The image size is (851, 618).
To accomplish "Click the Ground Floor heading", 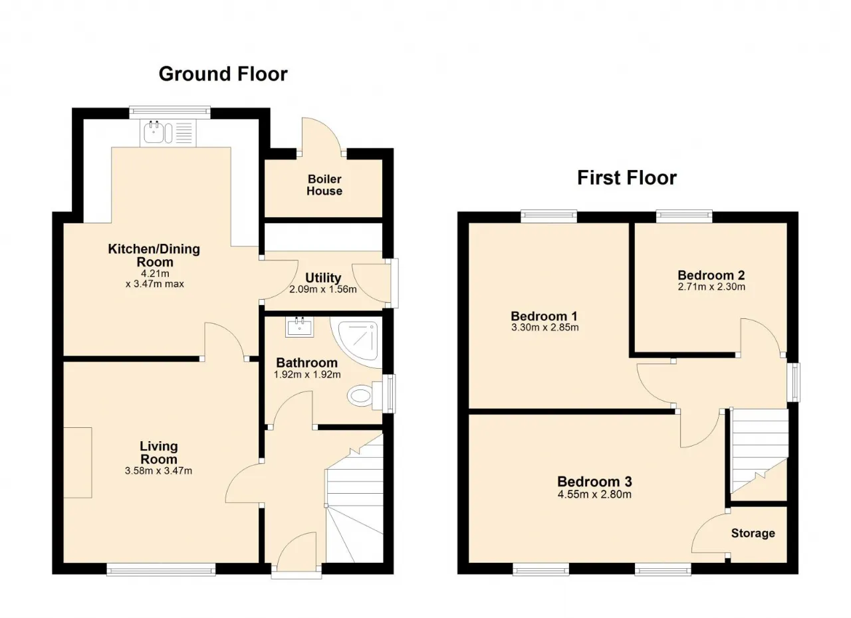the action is pos(223,74).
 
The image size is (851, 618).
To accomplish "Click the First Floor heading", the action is pos(627,178).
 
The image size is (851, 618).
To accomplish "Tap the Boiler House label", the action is pos(324,185).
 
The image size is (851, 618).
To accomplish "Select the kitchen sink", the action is pos(168,133).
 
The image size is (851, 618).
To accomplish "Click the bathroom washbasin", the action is pos(300,326).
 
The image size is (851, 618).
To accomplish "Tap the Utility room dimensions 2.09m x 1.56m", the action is pos(323,289).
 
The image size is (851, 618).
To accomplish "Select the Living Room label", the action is pos(159,453).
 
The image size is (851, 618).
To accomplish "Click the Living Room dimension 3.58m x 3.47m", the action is pos(158,470).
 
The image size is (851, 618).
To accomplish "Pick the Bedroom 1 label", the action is pos(544,316).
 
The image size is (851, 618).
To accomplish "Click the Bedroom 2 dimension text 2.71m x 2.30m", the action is pos(711,286).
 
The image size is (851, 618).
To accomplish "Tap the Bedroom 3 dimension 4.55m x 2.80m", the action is pos(594,494).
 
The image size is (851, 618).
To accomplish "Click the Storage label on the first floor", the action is pos(753,534).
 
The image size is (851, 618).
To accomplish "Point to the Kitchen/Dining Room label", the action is pos(154,255).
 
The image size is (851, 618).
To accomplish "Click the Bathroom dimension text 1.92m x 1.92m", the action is pos(307,375).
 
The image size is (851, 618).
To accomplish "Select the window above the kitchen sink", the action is pos(170,112).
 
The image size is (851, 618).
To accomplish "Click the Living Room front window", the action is pos(161,569).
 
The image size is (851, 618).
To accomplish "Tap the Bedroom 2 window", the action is pos(684,217).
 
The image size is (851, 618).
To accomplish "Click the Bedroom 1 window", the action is pos(548,217).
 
